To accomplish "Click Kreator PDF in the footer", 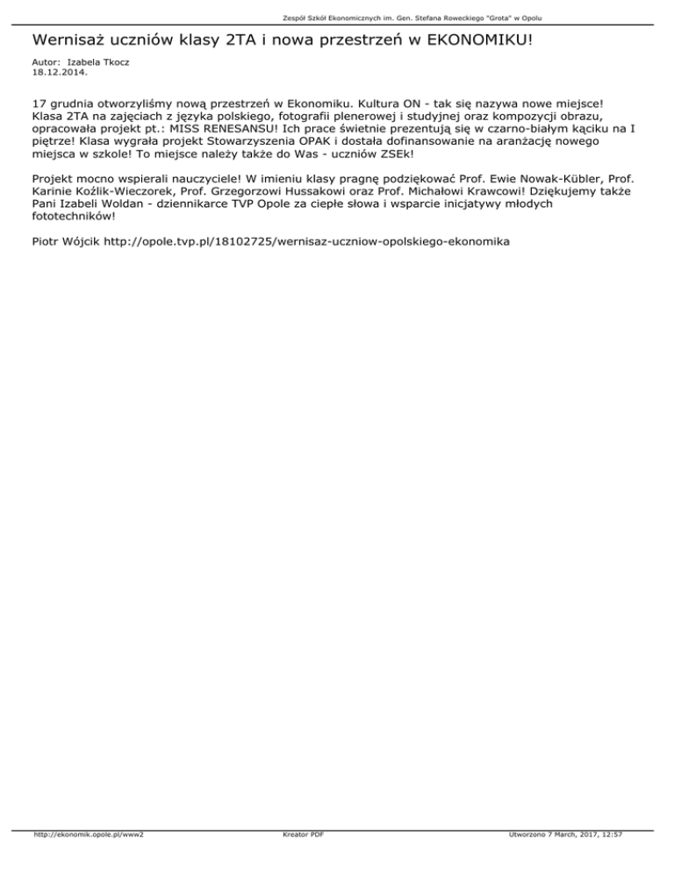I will point(298,860).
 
